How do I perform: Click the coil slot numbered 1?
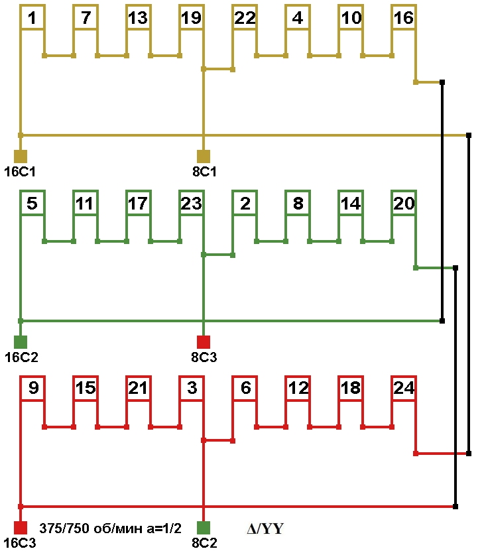[31, 18]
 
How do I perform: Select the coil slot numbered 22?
[245, 18]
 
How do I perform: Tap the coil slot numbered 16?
[403, 18]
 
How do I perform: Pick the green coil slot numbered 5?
[31, 204]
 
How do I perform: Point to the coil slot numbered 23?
[191, 204]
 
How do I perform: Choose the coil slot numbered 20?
[403, 204]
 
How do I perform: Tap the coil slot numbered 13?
[137, 18]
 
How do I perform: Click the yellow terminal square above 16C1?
[21, 156]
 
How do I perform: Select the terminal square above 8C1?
[204, 156]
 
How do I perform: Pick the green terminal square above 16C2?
[21, 342]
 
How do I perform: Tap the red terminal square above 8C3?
[204, 342]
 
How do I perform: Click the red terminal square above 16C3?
[21, 528]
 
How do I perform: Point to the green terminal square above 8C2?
[204, 528]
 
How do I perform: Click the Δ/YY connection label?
[265, 529]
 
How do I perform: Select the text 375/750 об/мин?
[86, 528]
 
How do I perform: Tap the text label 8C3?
[204, 357]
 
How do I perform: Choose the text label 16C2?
[21, 357]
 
